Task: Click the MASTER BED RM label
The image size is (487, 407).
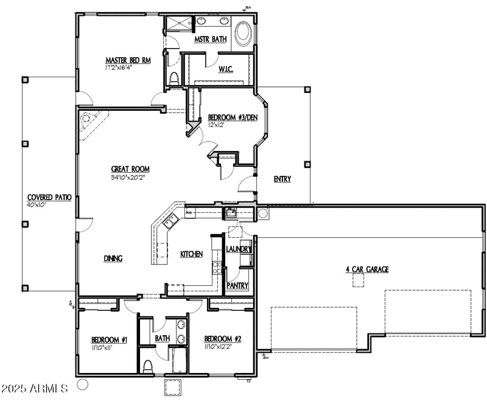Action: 127,60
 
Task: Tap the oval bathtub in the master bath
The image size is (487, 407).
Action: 243,33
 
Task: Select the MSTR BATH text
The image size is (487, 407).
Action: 210,40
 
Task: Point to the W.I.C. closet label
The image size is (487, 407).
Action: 226,69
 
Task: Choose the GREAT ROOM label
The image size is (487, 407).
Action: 130,169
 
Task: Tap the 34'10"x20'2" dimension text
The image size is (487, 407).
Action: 130,178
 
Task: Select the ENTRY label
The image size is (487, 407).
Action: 282,179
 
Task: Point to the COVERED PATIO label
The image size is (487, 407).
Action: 49,198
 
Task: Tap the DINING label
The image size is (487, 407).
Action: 113,259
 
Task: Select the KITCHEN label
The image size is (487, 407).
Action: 191,254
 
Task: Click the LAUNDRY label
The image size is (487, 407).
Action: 237,249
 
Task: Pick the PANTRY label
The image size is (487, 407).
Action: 237,285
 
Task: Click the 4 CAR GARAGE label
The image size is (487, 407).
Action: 367,269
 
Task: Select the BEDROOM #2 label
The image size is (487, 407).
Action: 219,339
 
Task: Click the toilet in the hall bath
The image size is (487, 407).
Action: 148,366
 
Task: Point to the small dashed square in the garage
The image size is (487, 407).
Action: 358,279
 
